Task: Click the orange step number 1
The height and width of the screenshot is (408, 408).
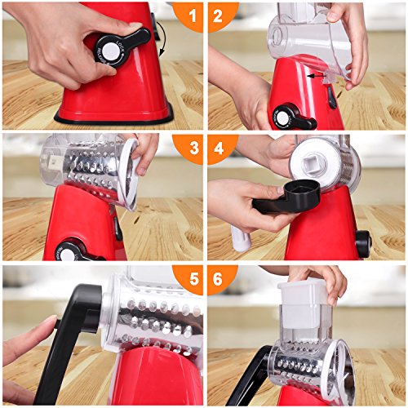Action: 193,16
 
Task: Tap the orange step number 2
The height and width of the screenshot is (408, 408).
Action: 218,16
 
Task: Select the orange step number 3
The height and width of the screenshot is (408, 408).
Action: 194,149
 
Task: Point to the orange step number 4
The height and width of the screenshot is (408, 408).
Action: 219,149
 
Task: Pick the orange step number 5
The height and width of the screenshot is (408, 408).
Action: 194,279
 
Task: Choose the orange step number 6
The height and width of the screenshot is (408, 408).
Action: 218,279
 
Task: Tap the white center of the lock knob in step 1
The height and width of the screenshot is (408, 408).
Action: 111,51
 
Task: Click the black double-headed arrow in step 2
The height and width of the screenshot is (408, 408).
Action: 317,77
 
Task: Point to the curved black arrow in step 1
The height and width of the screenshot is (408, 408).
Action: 162,38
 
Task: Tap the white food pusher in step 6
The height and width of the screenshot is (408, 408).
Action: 304,302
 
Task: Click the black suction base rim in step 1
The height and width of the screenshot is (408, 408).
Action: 114,120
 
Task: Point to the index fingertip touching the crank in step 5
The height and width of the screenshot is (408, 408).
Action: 51,321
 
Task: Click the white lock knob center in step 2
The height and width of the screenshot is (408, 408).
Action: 283,118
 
